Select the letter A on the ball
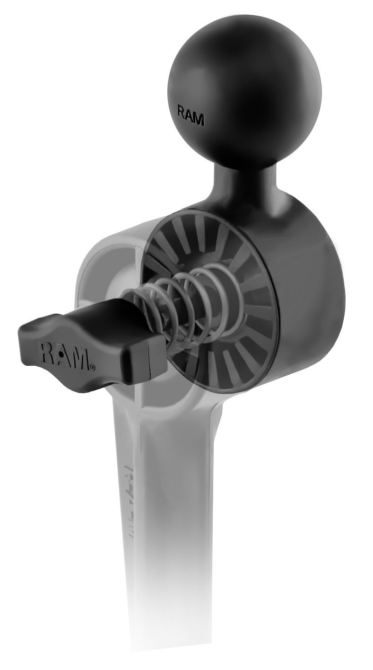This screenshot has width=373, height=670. (190, 116)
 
